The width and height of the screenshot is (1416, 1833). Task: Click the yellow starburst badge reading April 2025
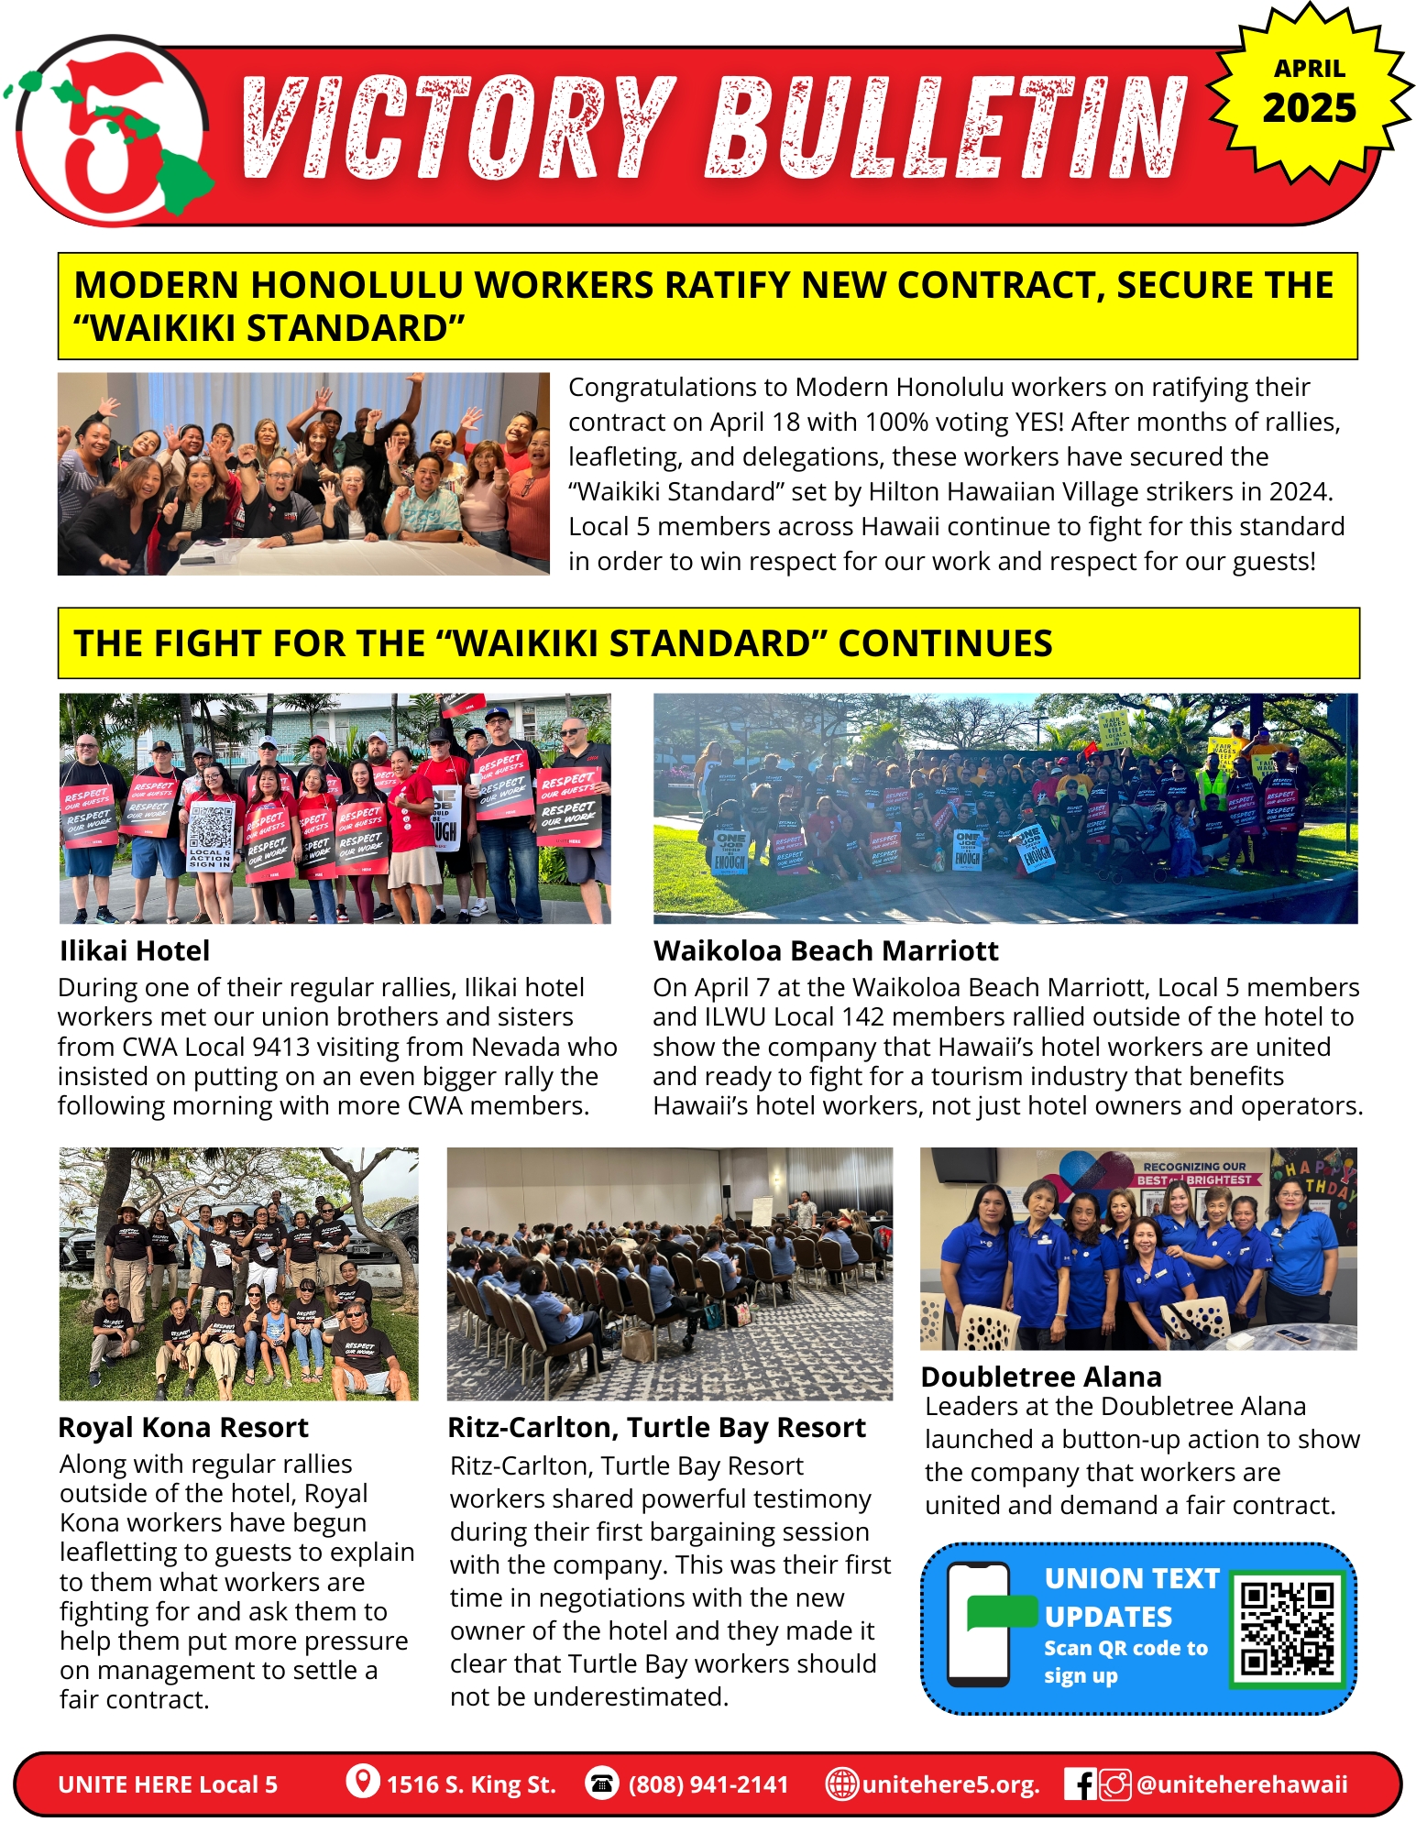[x=1309, y=93]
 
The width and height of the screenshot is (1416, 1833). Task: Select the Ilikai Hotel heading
[x=135, y=951]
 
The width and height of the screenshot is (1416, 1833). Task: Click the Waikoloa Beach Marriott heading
[x=826, y=951]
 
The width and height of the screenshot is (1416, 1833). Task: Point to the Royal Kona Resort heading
[x=183, y=1428]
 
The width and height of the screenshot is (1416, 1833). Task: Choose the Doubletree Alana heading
[x=1041, y=1377]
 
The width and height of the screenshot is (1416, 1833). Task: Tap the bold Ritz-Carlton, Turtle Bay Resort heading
[x=656, y=1428]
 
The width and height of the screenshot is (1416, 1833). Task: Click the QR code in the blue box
[x=1288, y=1629]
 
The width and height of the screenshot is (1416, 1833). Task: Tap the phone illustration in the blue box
[x=979, y=1625]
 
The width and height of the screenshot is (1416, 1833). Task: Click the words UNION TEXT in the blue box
[x=1132, y=1578]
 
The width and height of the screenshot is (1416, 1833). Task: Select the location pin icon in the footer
[x=363, y=1782]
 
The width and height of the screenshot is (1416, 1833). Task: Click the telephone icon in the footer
[x=602, y=1784]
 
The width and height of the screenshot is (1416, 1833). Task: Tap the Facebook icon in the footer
[x=1081, y=1784]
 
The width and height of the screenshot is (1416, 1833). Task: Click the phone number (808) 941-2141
[x=708, y=1784]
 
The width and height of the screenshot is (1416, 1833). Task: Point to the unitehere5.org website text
[x=950, y=1784]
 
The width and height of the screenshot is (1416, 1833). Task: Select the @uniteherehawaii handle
[x=1242, y=1784]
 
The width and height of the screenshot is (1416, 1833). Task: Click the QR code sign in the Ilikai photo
[x=211, y=835]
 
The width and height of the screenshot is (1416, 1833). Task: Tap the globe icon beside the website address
[x=841, y=1784]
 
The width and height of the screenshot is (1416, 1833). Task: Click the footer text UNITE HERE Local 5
[x=168, y=1784]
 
